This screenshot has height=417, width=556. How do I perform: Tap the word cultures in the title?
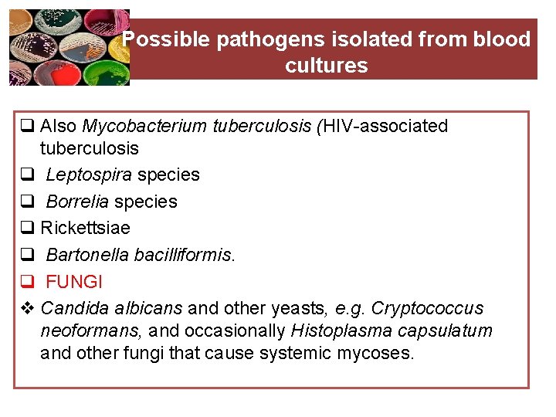click(326, 66)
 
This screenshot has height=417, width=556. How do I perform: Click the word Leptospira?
click(89, 175)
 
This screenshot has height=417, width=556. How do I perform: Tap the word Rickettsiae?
click(85, 228)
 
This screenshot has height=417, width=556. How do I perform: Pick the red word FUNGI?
click(74, 281)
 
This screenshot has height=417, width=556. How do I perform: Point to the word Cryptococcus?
click(427, 308)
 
